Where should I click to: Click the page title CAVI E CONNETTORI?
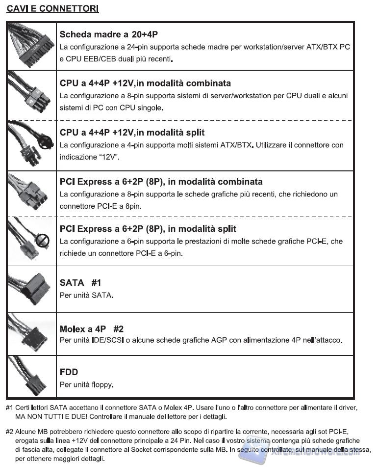click(x=52, y=9)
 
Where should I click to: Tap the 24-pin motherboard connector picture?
click(x=31, y=45)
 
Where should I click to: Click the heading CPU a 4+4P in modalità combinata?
click(x=145, y=83)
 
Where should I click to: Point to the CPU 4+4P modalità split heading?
click(x=132, y=133)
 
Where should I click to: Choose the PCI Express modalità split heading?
click(x=148, y=229)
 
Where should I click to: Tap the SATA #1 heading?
click(x=80, y=283)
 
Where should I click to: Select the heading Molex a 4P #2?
click(x=91, y=329)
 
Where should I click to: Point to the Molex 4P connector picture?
click(x=31, y=335)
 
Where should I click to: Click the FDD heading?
click(x=69, y=372)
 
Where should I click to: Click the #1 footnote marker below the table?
click(x=9, y=408)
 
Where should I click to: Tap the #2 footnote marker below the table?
click(x=9, y=432)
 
